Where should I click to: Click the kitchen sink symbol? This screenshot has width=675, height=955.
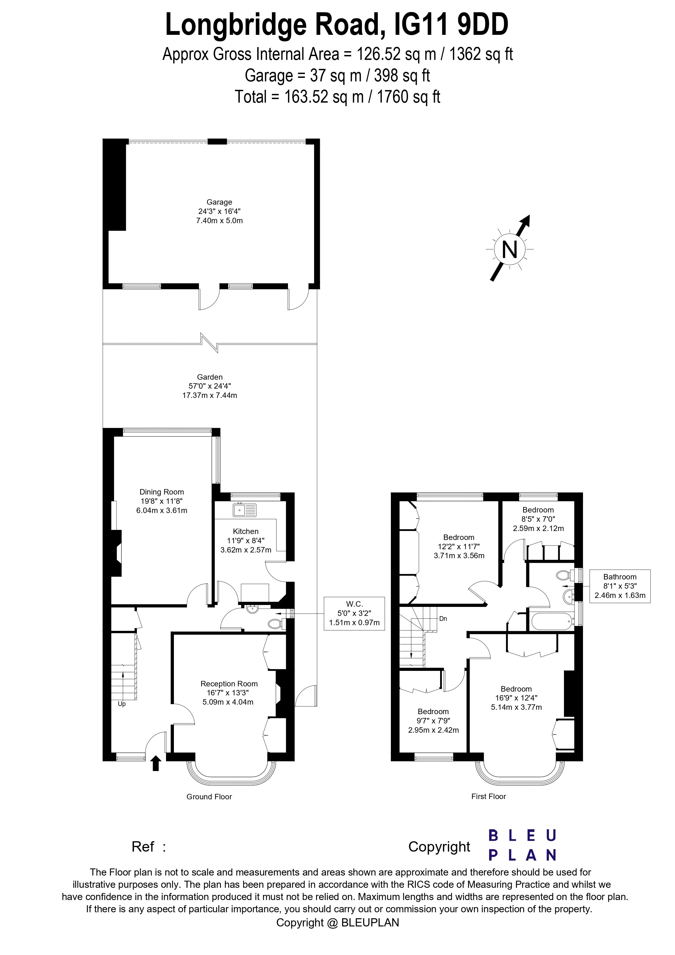[245, 510]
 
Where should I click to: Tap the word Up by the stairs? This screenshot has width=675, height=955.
[122, 704]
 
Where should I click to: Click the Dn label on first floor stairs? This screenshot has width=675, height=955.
[443, 619]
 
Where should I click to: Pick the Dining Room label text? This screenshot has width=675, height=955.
[162, 492]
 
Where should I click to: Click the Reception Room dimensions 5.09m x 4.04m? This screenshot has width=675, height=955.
[229, 702]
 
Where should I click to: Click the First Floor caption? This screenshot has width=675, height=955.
[488, 797]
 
